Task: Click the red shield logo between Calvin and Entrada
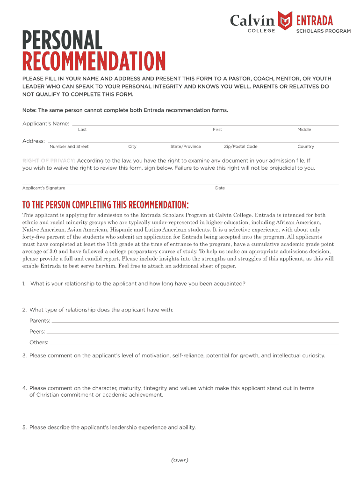click(285, 20)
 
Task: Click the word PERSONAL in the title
click(62, 41)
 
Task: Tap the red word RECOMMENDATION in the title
click(94, 62)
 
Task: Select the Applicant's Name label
click(46, 123)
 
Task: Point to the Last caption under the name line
click(82, 130)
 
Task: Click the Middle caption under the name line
click(304, 130)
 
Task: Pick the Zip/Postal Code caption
click(240, 146)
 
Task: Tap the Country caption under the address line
click(306, 146)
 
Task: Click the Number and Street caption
click(69, 146)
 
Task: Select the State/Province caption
click(186, 146)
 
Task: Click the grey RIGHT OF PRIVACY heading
click(49, 160)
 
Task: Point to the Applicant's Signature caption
click(44, 188)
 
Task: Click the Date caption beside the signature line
click(220, 188)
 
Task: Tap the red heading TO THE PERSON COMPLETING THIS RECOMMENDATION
click(106, 205)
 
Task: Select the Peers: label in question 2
click(37, 332)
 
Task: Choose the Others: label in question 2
click(39, 342)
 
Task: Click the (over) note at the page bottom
click(180, 460)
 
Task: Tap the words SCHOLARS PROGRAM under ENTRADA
click(323, 31)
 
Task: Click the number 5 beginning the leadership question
click(24, 427)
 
